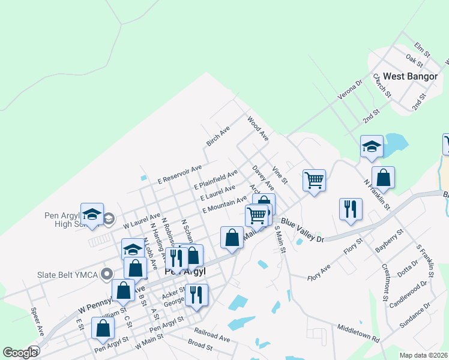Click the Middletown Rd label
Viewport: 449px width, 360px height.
(x=358, y=334)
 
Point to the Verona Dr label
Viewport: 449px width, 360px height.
(x=350, y=90)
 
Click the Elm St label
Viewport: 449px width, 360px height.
(x=423, y=50)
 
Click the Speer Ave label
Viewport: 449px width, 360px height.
(x=37, y=322)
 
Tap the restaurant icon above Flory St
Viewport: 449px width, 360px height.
(x=351, y=209)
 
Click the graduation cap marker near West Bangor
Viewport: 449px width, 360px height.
(x=372, y=146)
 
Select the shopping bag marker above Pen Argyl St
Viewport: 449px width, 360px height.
(x=103, y=328)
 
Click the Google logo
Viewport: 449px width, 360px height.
(x=20, y=353)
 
